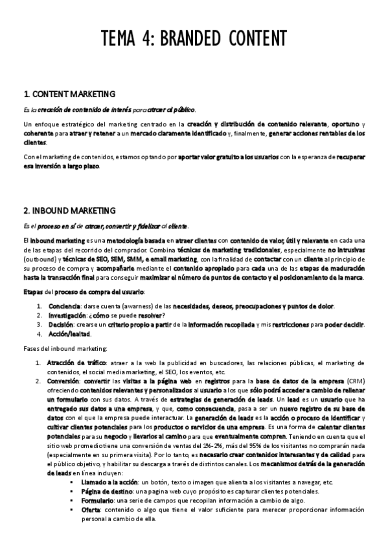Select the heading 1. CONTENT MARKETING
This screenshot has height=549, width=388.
(x=69, y=94)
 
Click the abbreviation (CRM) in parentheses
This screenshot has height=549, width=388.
(x=354, y=382)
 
